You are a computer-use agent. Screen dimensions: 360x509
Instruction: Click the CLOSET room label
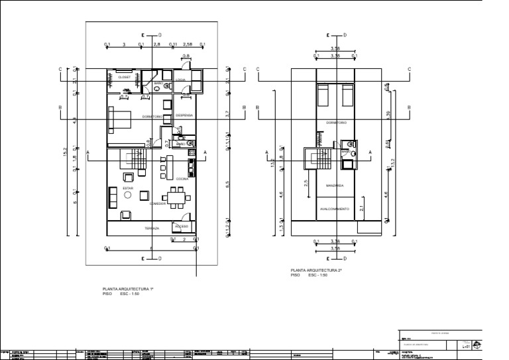click(x=125, y=78)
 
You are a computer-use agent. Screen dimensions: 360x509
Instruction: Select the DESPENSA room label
click(x=184, y=115)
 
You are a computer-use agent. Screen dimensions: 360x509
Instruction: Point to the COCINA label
click(x=182, y=179)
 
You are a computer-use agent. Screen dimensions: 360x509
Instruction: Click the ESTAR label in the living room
click(x=127, y=188)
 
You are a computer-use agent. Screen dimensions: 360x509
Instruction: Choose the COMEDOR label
click(x=158, y=204)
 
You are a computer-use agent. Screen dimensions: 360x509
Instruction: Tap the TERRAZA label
click(x=152, y=228)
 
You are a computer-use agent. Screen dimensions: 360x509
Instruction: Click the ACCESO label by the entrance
click(x=182, y=226)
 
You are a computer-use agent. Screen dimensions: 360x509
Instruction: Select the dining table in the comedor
click(x=176, y=196)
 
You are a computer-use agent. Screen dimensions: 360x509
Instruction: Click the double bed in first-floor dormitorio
click(x=120, y=121)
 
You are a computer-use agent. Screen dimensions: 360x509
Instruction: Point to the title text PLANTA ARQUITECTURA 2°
click(x=313, y=270)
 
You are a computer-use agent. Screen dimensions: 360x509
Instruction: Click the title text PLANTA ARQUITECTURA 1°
click(x=128, y=289)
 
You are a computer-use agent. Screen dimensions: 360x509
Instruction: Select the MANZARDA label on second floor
click(x=335, y=186)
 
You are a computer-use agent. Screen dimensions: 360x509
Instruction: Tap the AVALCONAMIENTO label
click(x=334, y=208)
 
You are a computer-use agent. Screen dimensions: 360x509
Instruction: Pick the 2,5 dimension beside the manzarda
click(x=306, y=183)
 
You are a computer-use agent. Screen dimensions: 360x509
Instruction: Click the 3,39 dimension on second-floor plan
click(x=388, y=113)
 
